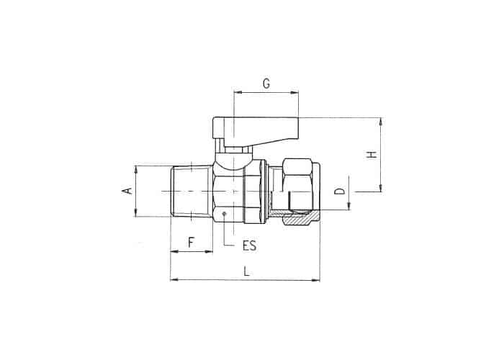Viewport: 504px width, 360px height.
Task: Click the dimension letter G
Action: [266, 84]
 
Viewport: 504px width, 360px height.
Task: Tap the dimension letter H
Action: [372, 154]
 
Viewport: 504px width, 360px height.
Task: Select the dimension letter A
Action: [128, 191]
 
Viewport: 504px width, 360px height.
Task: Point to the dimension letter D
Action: [339, 191]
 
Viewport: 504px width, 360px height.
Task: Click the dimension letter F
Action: [192, 243]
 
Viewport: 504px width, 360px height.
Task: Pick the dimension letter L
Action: [246, 271]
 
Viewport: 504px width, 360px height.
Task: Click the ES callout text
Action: [249, 246]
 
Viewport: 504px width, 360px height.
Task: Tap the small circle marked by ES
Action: [224, 213]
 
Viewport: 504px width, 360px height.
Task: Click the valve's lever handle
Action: [256, 130]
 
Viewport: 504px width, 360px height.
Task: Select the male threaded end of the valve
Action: [192, 192]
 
